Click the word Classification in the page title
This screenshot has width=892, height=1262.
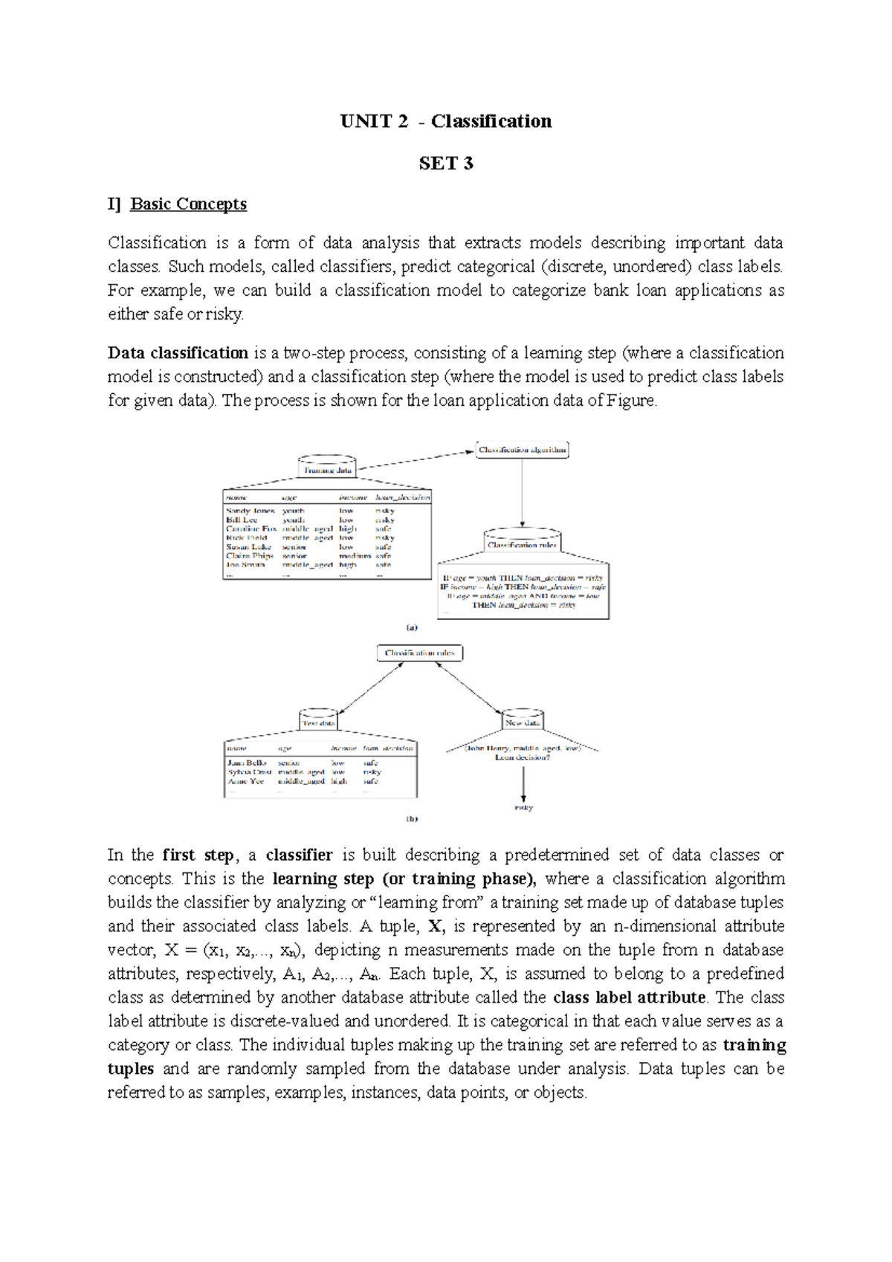click(491, 121)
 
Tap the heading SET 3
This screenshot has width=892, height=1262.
click(446, 164)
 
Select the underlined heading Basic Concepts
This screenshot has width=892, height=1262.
click(188, 204)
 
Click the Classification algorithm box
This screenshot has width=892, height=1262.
click(523, 450)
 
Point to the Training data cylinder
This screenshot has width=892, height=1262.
click(327, 467)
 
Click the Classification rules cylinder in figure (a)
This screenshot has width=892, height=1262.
click(522, 542)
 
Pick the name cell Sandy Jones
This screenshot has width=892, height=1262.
click(250, 511)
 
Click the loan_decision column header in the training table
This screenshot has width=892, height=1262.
click(402, 497)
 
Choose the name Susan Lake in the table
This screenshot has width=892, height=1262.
click(248, 546)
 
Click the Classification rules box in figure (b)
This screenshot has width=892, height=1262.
click(420, 653)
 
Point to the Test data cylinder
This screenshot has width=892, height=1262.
click(318, 720)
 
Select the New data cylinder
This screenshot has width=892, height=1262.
click(523, 720)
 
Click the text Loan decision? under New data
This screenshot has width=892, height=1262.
click(523, 757)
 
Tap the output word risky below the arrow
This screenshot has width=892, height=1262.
click(523, 807)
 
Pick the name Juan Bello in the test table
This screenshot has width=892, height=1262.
click(247, 763)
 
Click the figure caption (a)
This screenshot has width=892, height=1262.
click(412, 627)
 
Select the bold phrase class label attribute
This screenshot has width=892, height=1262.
click(630, 997)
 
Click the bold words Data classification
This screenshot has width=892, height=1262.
click(178, 353)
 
